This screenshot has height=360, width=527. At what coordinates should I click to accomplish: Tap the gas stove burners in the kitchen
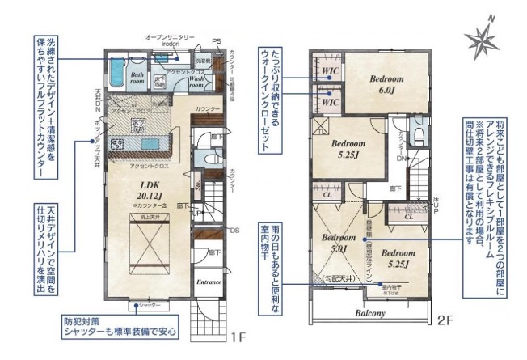(x=116, y=144)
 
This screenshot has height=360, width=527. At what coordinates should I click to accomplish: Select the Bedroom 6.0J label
(x=386, y=85)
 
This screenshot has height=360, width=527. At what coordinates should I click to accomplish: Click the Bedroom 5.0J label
(x=334, y=244)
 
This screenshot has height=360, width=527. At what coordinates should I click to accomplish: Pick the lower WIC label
(x=331, y=104)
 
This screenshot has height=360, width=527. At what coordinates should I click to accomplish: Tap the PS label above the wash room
(x=216, y=41)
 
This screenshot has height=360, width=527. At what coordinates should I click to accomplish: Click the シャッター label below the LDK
(x=149, y=306)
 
